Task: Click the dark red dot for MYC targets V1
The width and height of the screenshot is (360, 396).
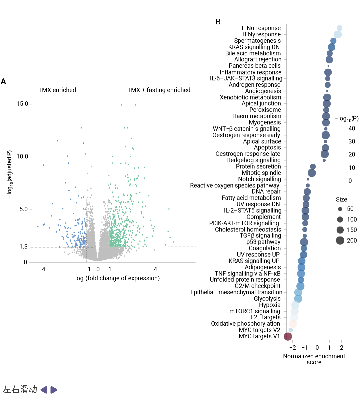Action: point(288,336)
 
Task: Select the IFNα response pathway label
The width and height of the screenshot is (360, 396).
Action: point(261,28)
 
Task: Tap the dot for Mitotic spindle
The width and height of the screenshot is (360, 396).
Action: point(312,173)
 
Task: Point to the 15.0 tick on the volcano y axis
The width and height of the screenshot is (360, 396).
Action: point(22,104)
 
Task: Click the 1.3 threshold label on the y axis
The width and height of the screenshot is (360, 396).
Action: point(23,247)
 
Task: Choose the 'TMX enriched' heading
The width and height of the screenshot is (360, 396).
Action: point(57,90)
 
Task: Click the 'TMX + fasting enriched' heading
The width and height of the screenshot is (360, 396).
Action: point(159,90)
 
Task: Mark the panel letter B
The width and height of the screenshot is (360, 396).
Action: point(218,22)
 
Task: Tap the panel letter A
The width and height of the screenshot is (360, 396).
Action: point(3,81)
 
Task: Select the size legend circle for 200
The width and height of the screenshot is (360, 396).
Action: point(340,240)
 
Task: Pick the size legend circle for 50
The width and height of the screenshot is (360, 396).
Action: point(340,209)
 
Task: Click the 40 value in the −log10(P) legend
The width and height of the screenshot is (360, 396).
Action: point(352,128)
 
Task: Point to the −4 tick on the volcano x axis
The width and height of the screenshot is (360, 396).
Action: point(42,269)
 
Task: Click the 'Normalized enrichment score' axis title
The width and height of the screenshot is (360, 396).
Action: point(314,359)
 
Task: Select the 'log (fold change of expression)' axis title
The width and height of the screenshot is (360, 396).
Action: point(117,278)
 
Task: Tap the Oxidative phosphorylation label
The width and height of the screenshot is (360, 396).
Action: point(245,324)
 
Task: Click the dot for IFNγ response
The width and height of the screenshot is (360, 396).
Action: point(338,34)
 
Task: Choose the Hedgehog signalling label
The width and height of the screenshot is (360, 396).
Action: point(253,160)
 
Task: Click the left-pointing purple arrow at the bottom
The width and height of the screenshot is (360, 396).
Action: point(44,390)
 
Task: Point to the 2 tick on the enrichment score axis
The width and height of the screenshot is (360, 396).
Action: point(342,347)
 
